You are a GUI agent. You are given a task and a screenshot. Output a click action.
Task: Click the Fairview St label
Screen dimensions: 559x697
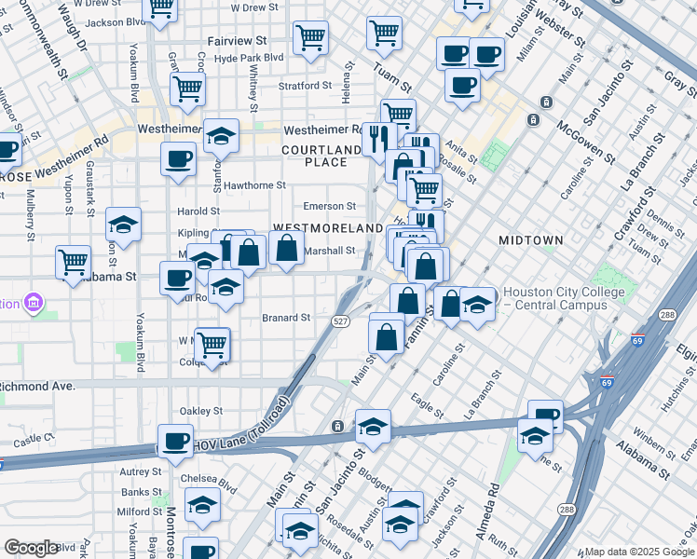(x=236, y=41)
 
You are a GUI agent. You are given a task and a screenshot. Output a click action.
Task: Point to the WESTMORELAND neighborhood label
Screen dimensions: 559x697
(x=327, y=228)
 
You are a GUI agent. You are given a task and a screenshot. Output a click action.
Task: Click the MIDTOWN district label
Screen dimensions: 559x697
(x=530, y=240)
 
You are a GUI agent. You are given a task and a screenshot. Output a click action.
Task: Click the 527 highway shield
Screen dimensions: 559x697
(x=341, y=320)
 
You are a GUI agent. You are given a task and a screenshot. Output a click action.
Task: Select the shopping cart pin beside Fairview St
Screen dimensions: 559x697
(x=310, y=38)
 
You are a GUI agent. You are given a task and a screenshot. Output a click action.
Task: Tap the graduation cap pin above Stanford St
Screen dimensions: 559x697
(x=221, y=136)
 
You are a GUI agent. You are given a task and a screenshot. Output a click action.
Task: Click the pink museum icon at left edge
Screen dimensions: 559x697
(x=34, y=302)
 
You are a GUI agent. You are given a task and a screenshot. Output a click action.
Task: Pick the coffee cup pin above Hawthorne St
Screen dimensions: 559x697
(x=177, y=157)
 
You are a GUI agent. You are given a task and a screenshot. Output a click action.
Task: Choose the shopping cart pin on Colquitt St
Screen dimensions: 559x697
(x=212, y=344)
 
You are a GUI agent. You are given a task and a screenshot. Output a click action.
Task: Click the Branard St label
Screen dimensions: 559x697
(x=285, y=318)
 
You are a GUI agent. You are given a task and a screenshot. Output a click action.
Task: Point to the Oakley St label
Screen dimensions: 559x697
(x=201, y=410)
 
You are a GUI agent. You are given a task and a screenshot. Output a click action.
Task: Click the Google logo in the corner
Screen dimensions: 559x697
(x=31, y=548)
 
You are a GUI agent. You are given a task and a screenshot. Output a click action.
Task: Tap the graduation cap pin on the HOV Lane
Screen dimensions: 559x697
(x=373, y=426)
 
